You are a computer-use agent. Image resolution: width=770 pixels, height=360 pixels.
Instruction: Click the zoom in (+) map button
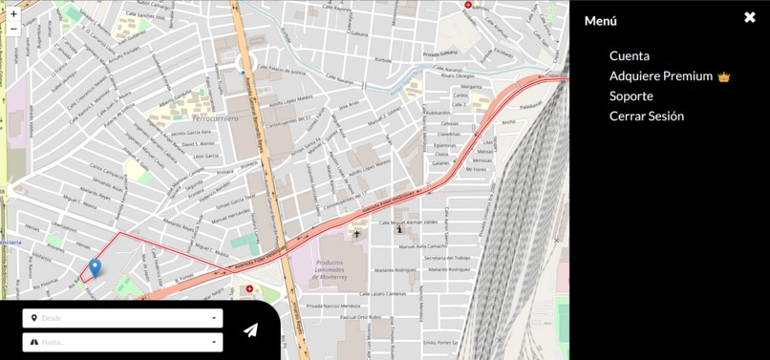[13, 14]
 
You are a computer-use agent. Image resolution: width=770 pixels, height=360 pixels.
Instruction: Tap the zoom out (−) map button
[13, 30]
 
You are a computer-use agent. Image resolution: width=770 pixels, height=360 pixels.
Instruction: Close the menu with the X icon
[750, 17]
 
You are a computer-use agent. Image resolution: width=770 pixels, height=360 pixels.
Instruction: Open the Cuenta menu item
[629, 56]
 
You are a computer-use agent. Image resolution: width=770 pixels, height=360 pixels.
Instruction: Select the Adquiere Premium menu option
[661, 76]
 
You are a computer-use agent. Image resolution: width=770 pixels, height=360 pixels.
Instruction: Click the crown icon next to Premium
[724, 77]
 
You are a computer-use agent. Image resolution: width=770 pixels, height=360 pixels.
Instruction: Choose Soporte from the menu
[631, 96]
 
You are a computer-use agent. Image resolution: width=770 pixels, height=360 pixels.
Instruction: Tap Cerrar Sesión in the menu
[647, 116]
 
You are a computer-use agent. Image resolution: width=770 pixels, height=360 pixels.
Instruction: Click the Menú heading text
[601, 21]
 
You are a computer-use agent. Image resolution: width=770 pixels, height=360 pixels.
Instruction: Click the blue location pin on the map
[95, 268]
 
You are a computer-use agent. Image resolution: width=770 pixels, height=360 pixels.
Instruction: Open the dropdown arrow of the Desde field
[214, 318]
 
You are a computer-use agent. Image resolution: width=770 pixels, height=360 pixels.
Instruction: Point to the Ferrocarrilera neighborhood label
[189, 118]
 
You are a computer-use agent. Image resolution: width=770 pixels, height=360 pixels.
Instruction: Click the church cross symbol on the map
[357, 234]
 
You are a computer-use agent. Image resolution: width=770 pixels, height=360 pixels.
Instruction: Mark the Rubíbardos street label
[438, 113]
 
